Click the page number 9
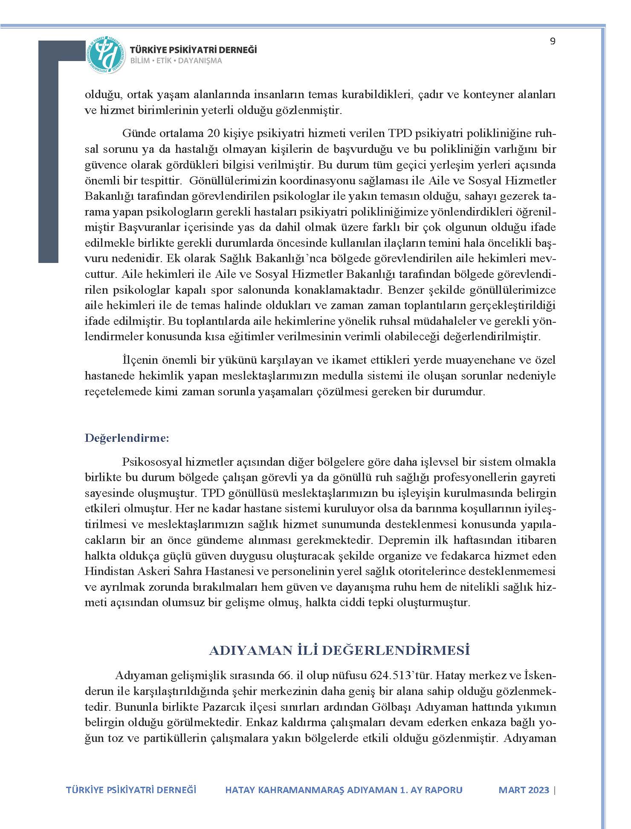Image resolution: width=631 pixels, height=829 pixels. (553, 41)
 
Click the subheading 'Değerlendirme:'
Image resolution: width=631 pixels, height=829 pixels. (127, 438)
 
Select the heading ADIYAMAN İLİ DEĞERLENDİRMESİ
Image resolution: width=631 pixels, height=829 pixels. (339, 650)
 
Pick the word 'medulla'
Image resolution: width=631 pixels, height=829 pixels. (357, 376)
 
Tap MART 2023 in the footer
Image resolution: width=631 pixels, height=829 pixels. (524, 790)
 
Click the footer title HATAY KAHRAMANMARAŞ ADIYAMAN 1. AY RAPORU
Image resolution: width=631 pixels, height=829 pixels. (344, 790)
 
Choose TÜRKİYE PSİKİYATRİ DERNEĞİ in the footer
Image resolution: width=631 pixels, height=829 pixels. (131, 790)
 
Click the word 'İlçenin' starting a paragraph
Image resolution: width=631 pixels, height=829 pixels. (137, 360)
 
